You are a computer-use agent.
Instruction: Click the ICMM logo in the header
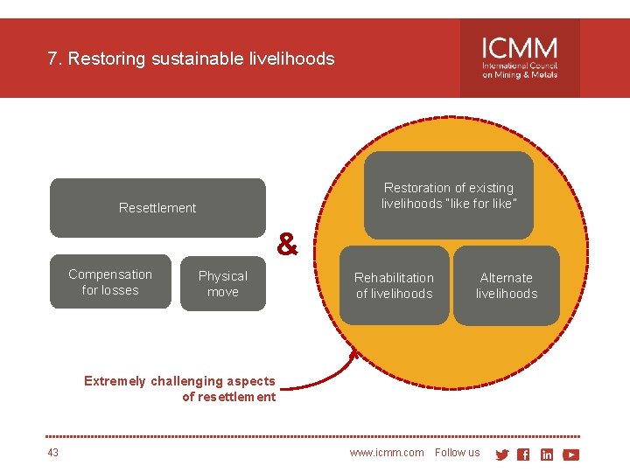point(520,58)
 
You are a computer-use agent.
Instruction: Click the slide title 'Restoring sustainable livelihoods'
point(200,59)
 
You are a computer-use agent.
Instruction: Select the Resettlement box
point(157,208)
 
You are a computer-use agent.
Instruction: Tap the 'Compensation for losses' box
point(110,282)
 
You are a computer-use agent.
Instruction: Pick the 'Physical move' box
point(222,284)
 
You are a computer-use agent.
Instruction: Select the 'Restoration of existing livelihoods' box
point(448,196)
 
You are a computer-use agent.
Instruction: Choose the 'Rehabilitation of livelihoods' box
point(394,286)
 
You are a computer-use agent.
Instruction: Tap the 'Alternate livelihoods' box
point(506,286)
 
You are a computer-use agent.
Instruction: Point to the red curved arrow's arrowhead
point(355,354)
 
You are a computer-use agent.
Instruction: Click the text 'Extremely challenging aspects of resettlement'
point(179,389)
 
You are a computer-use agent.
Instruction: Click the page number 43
point(53,453)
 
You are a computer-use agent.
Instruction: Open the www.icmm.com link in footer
point(386,453)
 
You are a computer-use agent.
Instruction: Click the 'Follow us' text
point(457,453)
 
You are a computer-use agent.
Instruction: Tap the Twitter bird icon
point(502,455)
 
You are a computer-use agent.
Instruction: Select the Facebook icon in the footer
point(523,455)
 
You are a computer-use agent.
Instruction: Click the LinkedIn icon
point(547,455)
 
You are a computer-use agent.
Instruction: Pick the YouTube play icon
point(570,455)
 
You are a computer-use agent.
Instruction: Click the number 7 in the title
point(52,59)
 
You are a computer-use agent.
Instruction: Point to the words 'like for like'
point(479,204)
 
